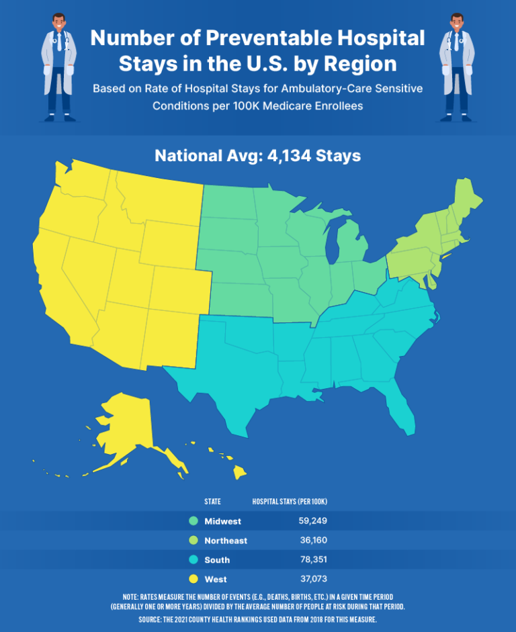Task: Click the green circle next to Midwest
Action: pyautogui.click(x=193, y=521)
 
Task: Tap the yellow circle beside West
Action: pyautogui.click(x=193, y=579)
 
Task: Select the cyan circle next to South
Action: pyautogui.click(x=193, y=559)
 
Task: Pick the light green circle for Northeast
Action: pyautogui.click(x=193, y=541)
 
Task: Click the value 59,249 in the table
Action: pyautogui.click(x=312, y=521)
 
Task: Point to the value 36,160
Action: pyautogui.click(x=313, y=541)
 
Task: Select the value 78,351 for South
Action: pyautogui.click(x=312, y=559)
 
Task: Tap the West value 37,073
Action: pyautogui.click(x=312, y=579)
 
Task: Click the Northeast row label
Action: pyautogui.click(x=226, y=541)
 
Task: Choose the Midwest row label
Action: pyautogui.click(x=222, y=521)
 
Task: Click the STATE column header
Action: pyautogui.click(x=213, y=502)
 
